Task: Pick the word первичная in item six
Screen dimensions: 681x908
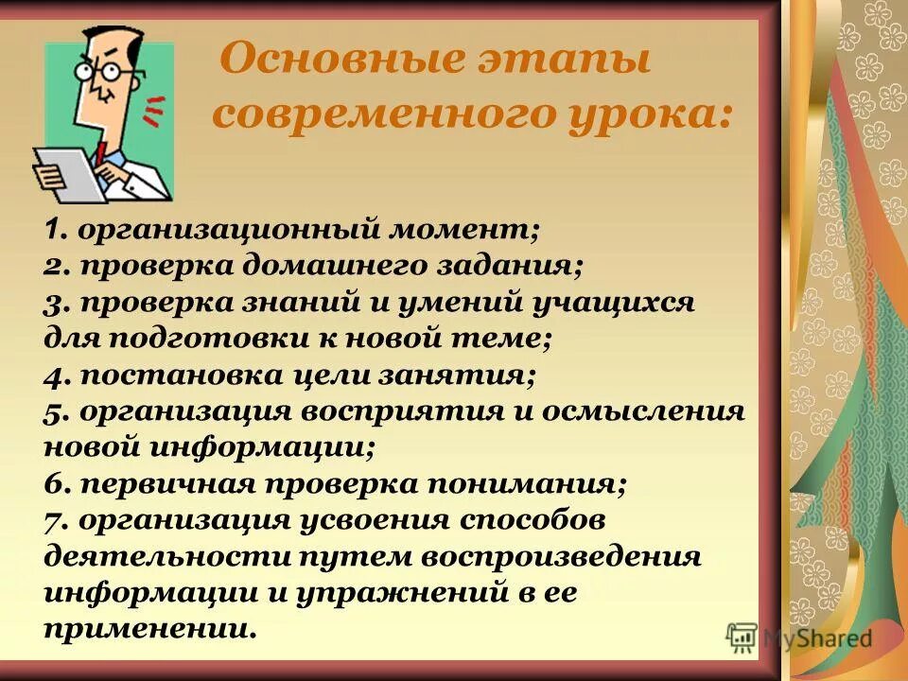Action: click(x=183, y=484)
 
